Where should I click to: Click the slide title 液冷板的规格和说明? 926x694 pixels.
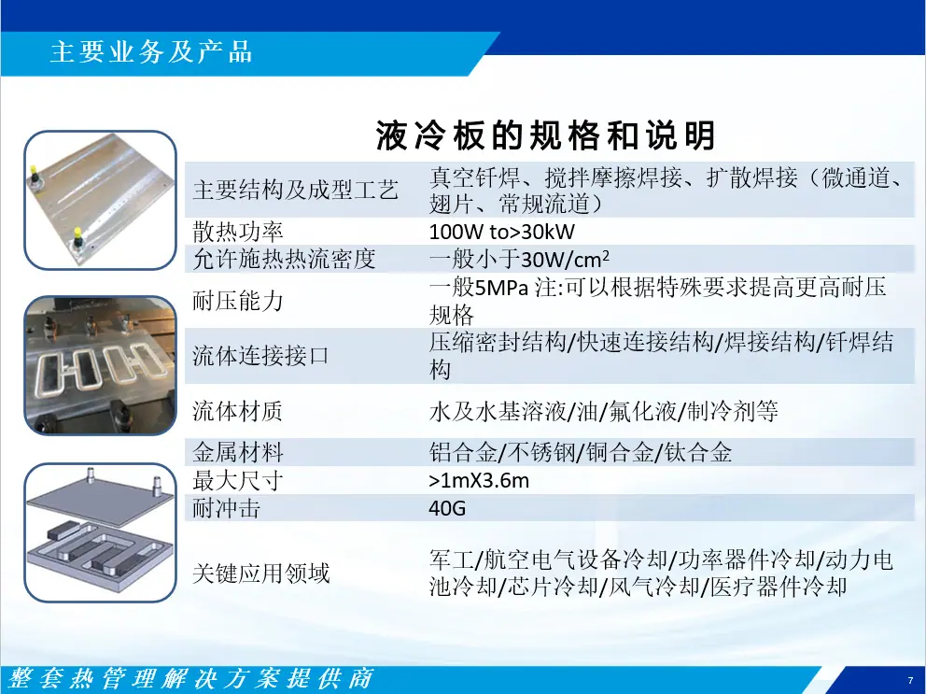(546, 135)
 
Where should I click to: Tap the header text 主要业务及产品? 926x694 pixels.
(151, 52)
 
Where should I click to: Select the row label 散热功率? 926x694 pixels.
(237, 232)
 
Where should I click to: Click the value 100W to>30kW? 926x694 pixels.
(501, 232)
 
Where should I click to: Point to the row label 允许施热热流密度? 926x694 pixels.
(284, 259)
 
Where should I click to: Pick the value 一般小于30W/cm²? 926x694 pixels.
(519, 259)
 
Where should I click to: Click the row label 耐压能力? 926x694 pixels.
(237, 301)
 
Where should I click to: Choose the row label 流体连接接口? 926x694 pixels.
(260, 356)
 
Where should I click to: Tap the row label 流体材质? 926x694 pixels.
(237, 411)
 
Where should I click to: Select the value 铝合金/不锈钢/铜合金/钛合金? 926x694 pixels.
(581, 452)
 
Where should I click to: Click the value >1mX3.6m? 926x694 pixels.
(479, 481)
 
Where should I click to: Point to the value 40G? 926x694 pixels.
(447, 508)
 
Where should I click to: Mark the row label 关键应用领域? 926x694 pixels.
(260, 573)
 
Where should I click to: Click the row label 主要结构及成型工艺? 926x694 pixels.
(295, 191)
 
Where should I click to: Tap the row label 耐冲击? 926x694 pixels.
(226, 508)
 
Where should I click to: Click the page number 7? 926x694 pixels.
(910, 680)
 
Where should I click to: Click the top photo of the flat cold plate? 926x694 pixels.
(101, 201)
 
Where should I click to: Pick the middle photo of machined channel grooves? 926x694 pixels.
(101, 366)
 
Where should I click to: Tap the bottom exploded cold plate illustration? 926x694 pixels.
(101, 532)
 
